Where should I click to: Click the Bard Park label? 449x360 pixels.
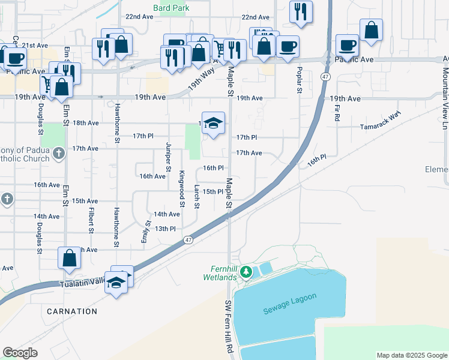coord(171,8)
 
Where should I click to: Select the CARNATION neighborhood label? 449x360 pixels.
coord(71,311)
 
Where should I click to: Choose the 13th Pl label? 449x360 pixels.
coord(165,229)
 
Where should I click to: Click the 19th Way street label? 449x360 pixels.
coord(201,79)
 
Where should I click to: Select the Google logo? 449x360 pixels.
coord(20,353)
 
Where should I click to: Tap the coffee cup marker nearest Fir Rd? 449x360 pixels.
coord(348,44)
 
